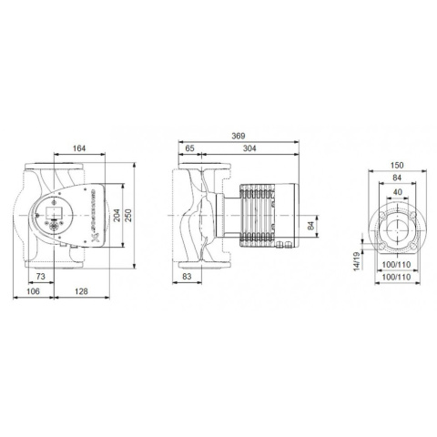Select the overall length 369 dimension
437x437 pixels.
tap(239, 136)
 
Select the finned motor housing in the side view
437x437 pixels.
tap(264, 214)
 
